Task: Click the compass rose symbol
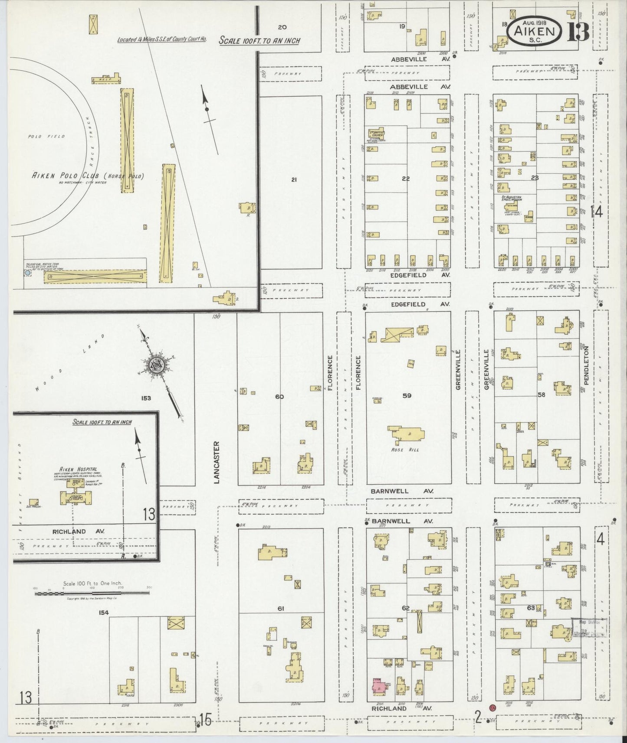pyautogui.click(x=155, y=364)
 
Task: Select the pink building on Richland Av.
pyautogui.click(x=379, y=686)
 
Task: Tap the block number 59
pyautogui.click(x=406, y=395)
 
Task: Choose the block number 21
pyautogui.click(x=294, y=180)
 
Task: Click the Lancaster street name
pyautogui.click(x=217, y=462)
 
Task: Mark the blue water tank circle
pyautogui.click(x=28, y=273)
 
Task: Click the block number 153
pyautogui.click(x=146, y=398)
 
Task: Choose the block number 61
pyautogui.click(x=280, y=609)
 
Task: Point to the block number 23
pyautogui.click(x=535, y=177)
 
